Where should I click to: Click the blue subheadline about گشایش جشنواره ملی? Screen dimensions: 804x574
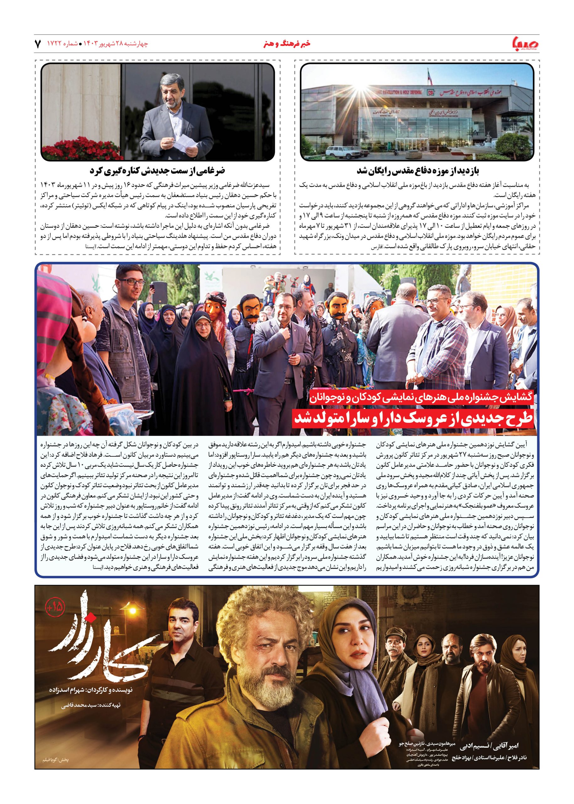tap(423, 399)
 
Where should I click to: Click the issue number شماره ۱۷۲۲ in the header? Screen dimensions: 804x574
tap(65, 44)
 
